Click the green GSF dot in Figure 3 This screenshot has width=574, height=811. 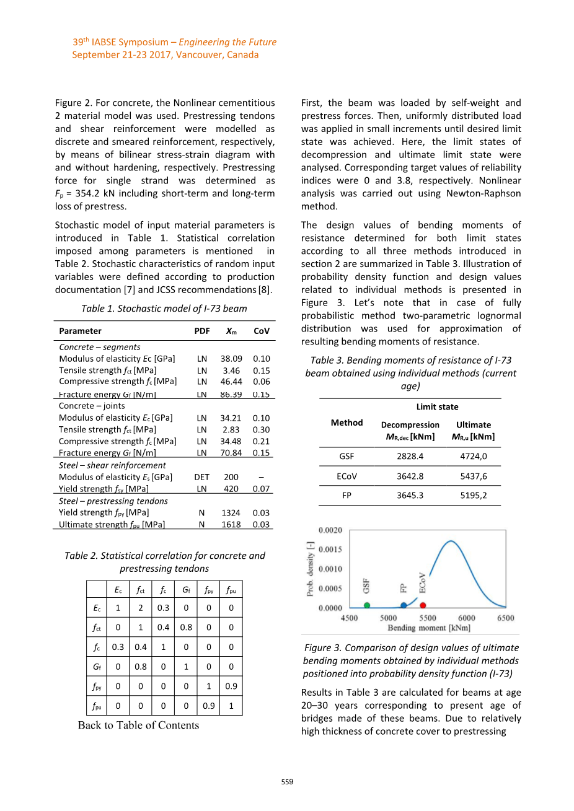pyautogui.click(x=367, y=605)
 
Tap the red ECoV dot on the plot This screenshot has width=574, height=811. pyautogui.click(x=423, y=605)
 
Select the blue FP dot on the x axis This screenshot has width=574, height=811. pyautogui.click(x=404, y=605)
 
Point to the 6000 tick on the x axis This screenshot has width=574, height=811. pyautogui.click(x=467, y=618)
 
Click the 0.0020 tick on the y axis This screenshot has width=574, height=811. pyautogui.click(x=330, y=530)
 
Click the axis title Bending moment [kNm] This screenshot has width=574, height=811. pyautogui.click(x=428, y=628)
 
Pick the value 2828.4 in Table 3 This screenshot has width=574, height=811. pyautogui.click(x=410, y=456)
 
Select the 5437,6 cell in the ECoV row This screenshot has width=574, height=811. pyautogui.click(x=474, y=476)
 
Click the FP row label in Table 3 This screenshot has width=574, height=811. pyautogui.click(x=347, y=496)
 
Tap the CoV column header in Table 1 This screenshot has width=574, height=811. pyautogui.click(x=262, y=331)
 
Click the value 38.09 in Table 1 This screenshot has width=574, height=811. pyautogui.click(x=231, y=359)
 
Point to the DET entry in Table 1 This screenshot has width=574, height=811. pyautogui.click(x=202, y=477)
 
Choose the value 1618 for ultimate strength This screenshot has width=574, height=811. pyautogui.click(x=231, y=525)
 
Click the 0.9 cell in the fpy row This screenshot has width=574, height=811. pyautogui.click(x=231, y=686)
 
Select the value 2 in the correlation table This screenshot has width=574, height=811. pyautogui.click(x=141, y=608)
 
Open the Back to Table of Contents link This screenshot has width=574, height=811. pyautogui.click(x=138, y=726)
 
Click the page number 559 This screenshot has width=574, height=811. pyautogui.click(x=287, y=782)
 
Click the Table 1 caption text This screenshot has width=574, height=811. pyautogui.click(x=164, y=309)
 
